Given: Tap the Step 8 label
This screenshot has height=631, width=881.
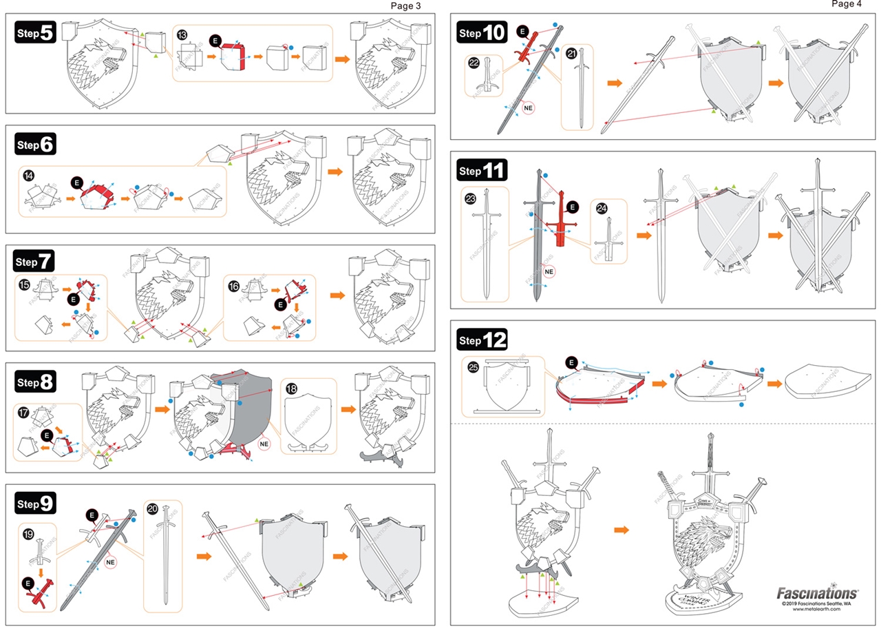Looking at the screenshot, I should [x=35, y=382].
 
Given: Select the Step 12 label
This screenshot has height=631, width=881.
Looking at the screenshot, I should [x=482, y=340].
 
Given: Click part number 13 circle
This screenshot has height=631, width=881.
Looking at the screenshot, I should [x=182, y=34].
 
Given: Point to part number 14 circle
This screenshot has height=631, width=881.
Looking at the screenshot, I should [x=28, y=174].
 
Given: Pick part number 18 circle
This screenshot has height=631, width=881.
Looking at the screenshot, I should [x=291, y=389].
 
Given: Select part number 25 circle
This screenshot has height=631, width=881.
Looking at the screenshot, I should [x=473, y=368].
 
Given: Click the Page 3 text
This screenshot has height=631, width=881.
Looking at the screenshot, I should [x=405, y=6].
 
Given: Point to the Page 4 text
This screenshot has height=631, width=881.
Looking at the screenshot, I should [x=846, y=4].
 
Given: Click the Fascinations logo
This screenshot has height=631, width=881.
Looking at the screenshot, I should [x=817, y=592].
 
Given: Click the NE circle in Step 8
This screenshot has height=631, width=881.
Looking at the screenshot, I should [x=264, y=444].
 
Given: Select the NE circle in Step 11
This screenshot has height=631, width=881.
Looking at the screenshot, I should [x=549, y=271].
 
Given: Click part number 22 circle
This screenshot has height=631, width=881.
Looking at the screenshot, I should [x=474, y=62].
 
